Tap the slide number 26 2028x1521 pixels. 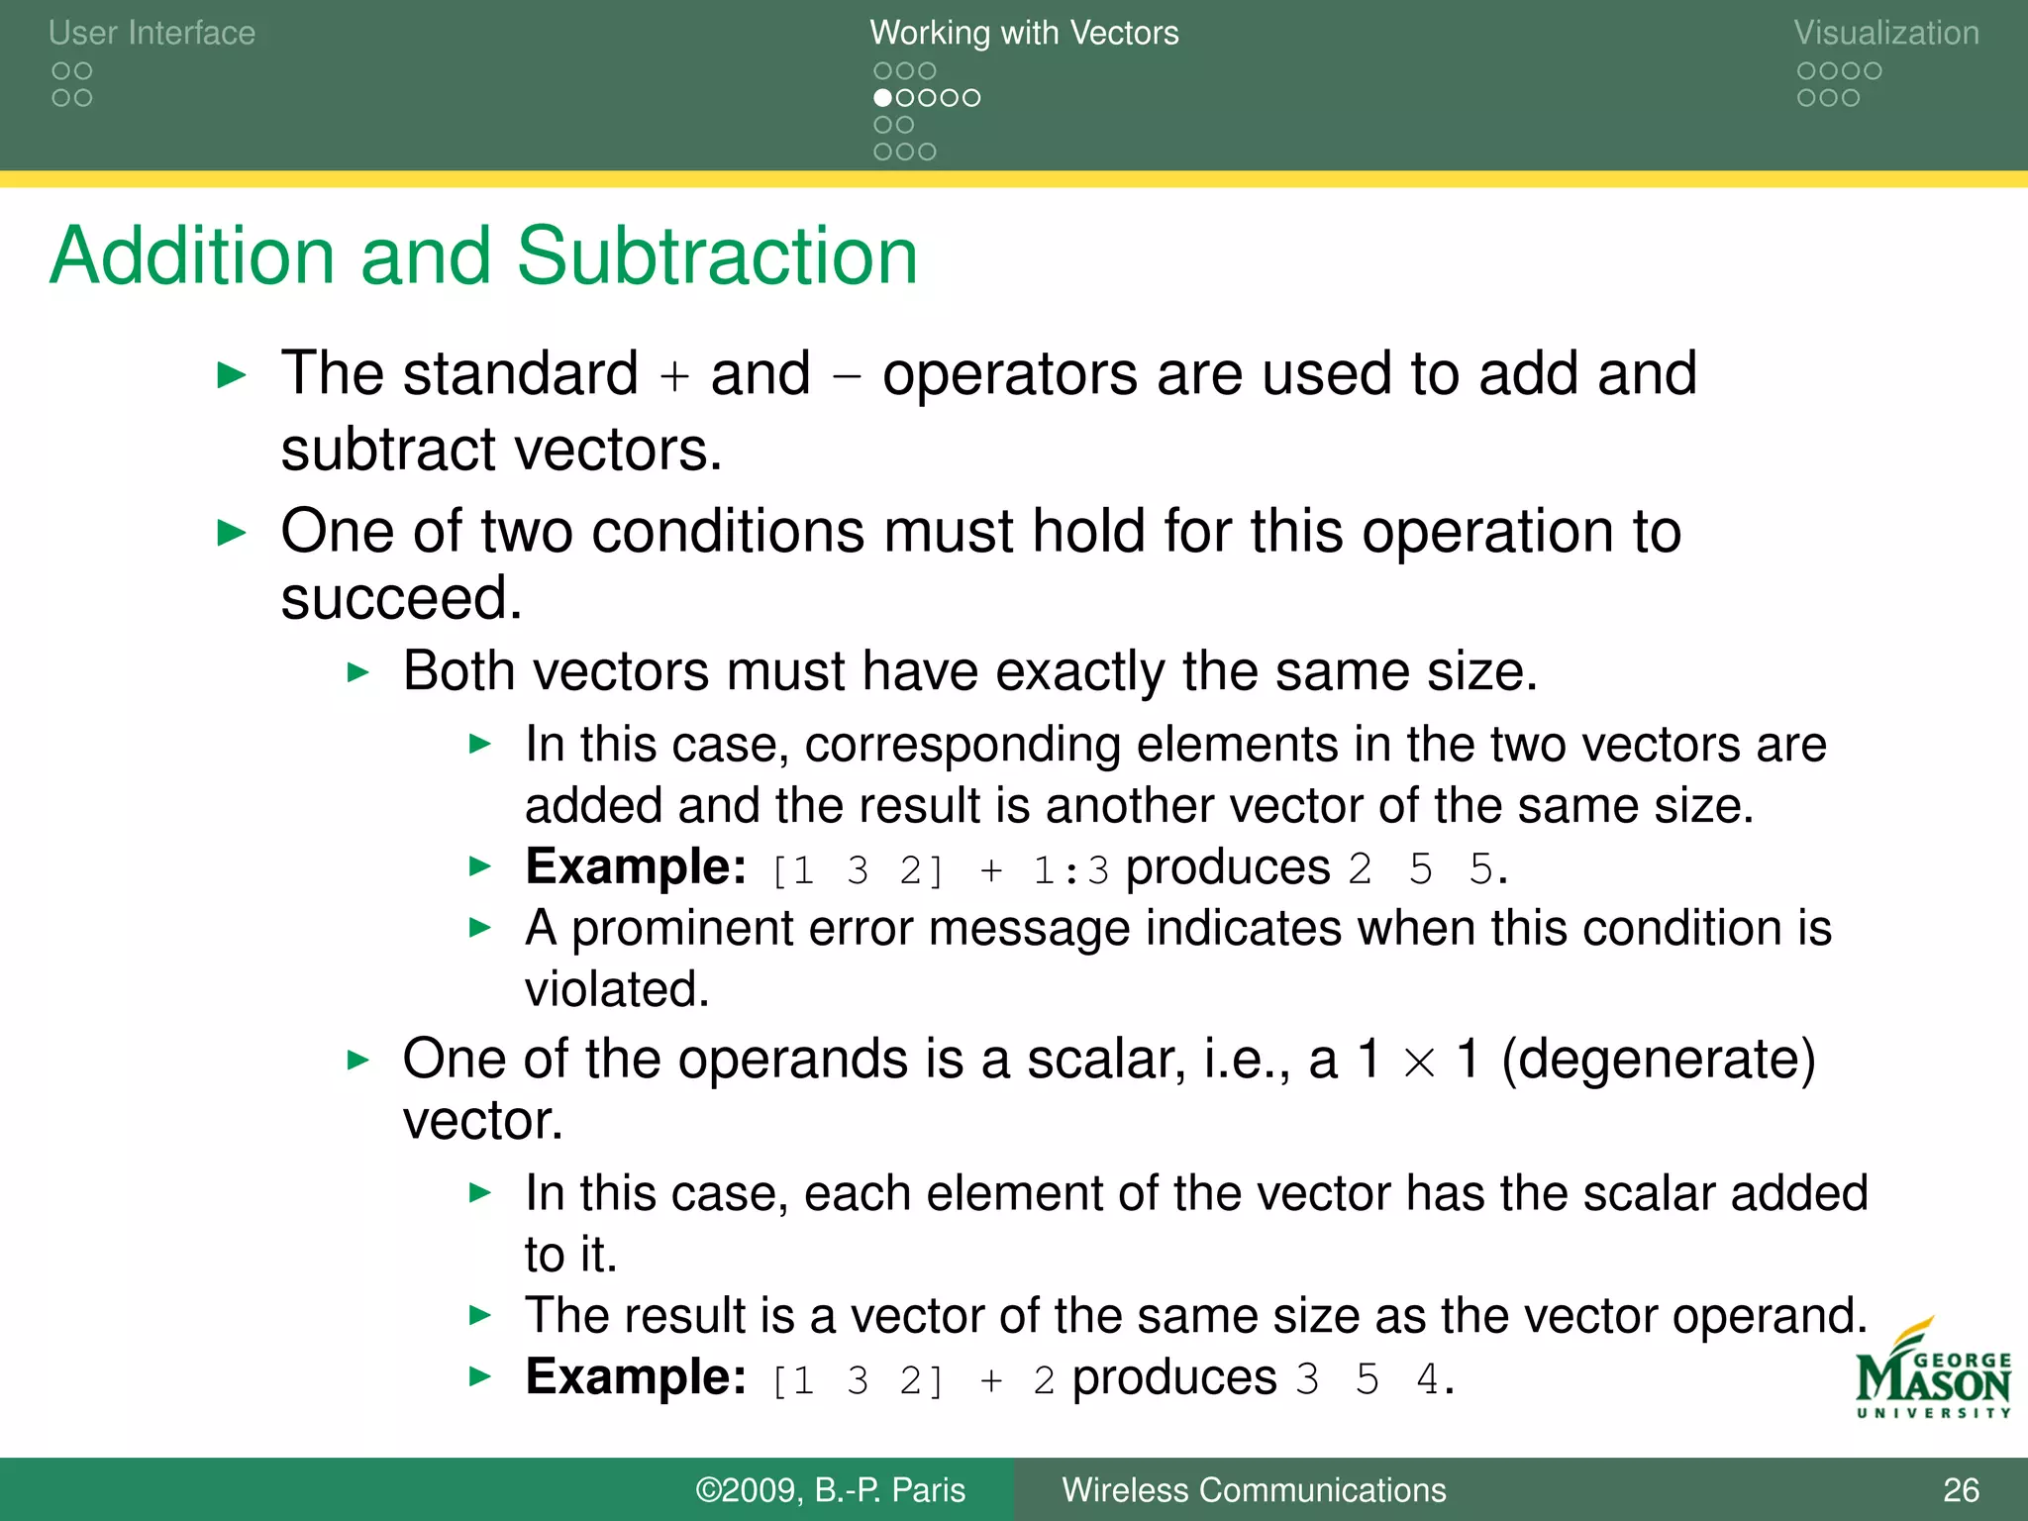pos(1961,1490)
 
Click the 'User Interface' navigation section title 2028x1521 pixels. pos(152,33)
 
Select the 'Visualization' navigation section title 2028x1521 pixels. pos(1886,33)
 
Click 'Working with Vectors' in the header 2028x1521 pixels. pos(1024,33)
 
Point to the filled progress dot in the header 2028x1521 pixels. pos(882,98)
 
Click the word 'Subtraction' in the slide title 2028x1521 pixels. pos(717,255)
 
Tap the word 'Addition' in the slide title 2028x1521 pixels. pos(191,255)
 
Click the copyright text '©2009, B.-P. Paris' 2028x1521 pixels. pos(830,1490)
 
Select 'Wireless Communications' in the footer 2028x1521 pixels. pos(1254,1490)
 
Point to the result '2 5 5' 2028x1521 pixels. pos(1420,870)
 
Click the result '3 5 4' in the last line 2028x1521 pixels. pos(1367,1379)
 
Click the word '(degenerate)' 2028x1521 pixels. pos(1659,1060)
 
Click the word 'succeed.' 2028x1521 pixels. pos(401,598)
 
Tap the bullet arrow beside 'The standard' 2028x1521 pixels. pos(232,376)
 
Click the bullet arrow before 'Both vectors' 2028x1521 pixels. pos(358,673)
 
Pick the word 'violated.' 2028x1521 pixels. pos(617,989)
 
